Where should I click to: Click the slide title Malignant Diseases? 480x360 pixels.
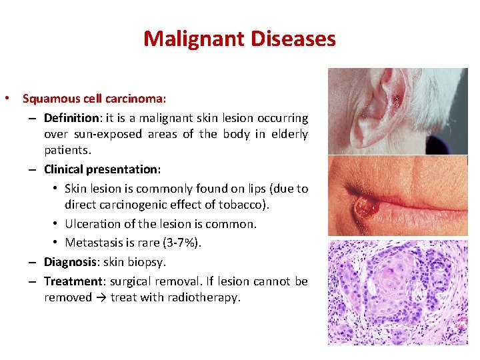click(x=239, y=39)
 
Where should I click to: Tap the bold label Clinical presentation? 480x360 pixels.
click(x=102, y=169)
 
